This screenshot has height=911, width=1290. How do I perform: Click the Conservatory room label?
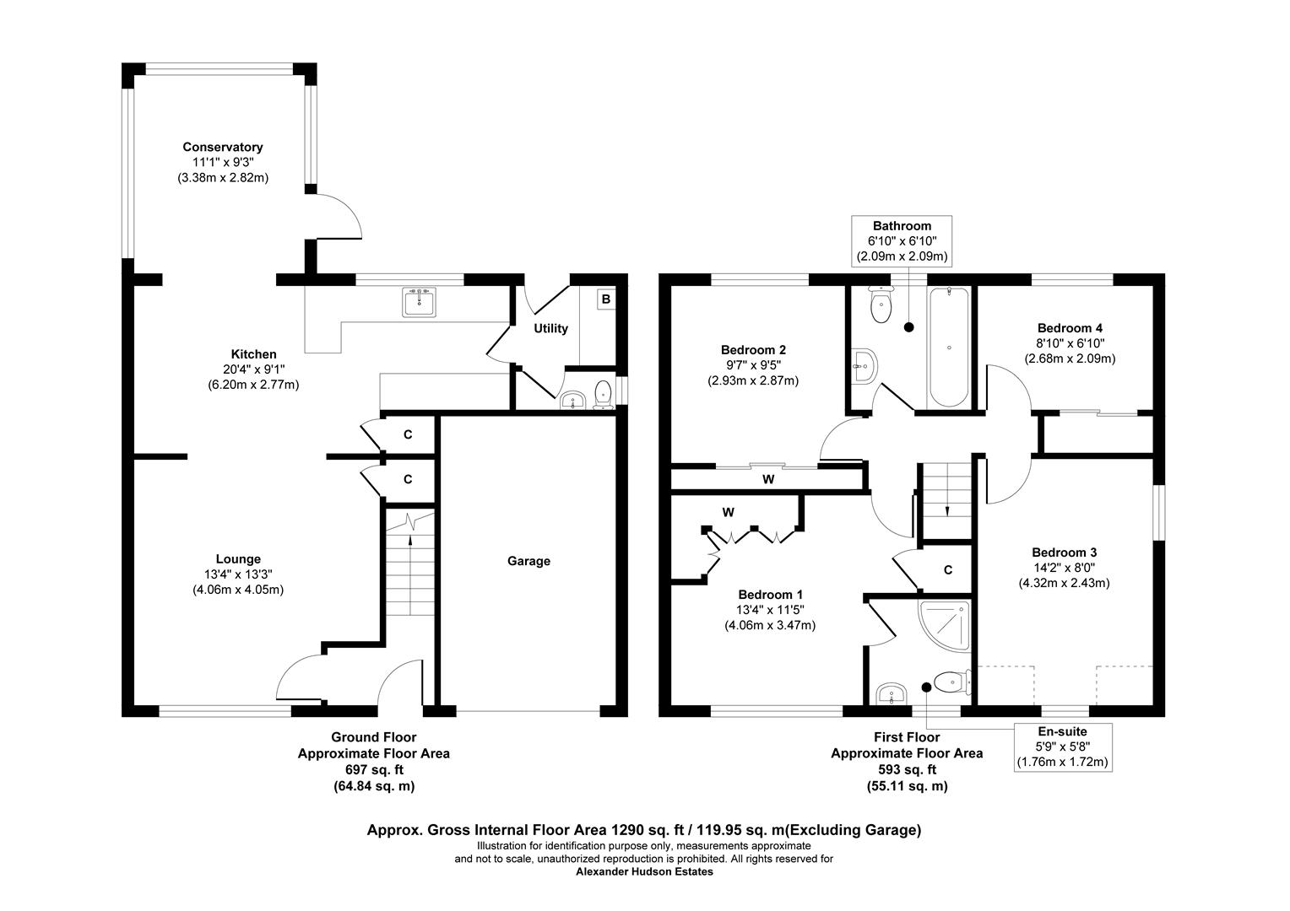(223, 147)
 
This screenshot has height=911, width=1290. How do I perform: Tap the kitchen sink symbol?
(420, 302)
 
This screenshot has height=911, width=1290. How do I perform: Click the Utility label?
(550, 328)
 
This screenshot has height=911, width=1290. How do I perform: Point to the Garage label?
(528, 561)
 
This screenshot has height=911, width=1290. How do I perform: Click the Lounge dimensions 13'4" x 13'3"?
(238, 574)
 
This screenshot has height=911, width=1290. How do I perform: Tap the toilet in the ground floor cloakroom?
(603, 395)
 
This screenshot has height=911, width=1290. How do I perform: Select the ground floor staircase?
(409, 565)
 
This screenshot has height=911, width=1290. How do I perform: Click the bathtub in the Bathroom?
(950, 348)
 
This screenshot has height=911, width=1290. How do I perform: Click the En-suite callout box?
(1062, 747)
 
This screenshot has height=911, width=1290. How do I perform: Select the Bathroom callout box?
(902, 240)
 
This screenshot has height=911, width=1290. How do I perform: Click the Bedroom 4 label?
(1070, 327)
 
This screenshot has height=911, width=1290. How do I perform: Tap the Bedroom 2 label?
(753, 349)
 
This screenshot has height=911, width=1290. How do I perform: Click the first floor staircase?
(946, 498)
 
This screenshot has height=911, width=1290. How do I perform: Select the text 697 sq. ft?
(373, 769)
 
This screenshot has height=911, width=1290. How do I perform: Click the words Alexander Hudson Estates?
(644, 872)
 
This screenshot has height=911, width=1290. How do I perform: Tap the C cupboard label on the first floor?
(947, 570)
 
